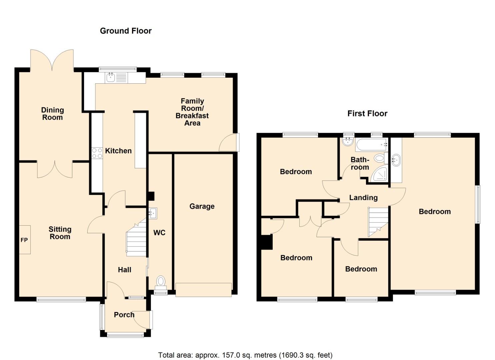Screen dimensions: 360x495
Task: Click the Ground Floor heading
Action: click(126, 31)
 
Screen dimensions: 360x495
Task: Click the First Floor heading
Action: click(367, 114)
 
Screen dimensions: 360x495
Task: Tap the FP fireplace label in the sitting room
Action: click(24, 240)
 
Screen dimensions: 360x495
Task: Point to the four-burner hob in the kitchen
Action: click(97, 153)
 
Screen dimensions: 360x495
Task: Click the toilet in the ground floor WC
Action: click(161, 282)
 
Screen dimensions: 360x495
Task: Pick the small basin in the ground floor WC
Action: click(153, 213)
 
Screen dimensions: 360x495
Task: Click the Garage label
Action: click(202, 206)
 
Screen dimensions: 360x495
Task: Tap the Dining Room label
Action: click(52, 114)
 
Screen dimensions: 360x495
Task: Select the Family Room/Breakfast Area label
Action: click(192, 112)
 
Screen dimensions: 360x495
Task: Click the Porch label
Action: click(124, 315)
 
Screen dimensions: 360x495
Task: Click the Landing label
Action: click(363, 198)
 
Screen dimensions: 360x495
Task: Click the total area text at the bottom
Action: click(245, 355)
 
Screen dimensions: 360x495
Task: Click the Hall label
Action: click(124, 270)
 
